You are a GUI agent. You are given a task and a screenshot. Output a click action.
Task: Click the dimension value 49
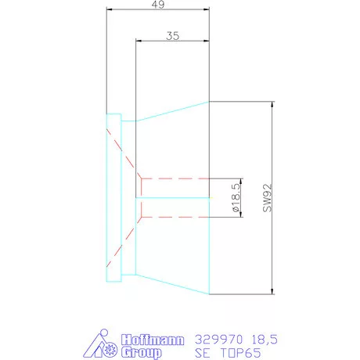(x=157, y=4)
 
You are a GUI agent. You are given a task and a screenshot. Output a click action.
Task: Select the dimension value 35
(x=174, y=35)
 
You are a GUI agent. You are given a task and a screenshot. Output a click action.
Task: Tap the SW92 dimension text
(x=267, y=199)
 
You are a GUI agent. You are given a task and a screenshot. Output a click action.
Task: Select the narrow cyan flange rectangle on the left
(x=114, y=198)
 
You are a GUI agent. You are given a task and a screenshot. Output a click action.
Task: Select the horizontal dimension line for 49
(x=157, y=10)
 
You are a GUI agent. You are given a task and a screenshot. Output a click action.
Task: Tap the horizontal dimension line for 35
(x=174, y=41)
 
